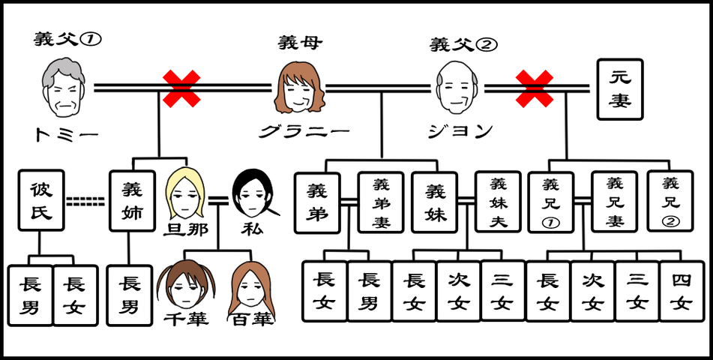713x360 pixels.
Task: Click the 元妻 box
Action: [620, 90]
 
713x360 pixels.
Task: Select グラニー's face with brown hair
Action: [300, 88]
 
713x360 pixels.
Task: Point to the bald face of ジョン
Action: [459, 88]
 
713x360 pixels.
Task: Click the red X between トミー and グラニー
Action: [182, 88]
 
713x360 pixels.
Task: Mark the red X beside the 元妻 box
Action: [535, 88]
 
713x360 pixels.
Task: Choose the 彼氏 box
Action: [41, 200]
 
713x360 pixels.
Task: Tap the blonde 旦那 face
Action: [183, 193]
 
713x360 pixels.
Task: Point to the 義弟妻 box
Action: [381, 202]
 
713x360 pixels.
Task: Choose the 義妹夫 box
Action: [499, 202]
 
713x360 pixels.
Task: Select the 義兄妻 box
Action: [614, 202]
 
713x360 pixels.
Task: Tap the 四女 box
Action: [682, 292]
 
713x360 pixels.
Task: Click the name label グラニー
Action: [304, 132]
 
